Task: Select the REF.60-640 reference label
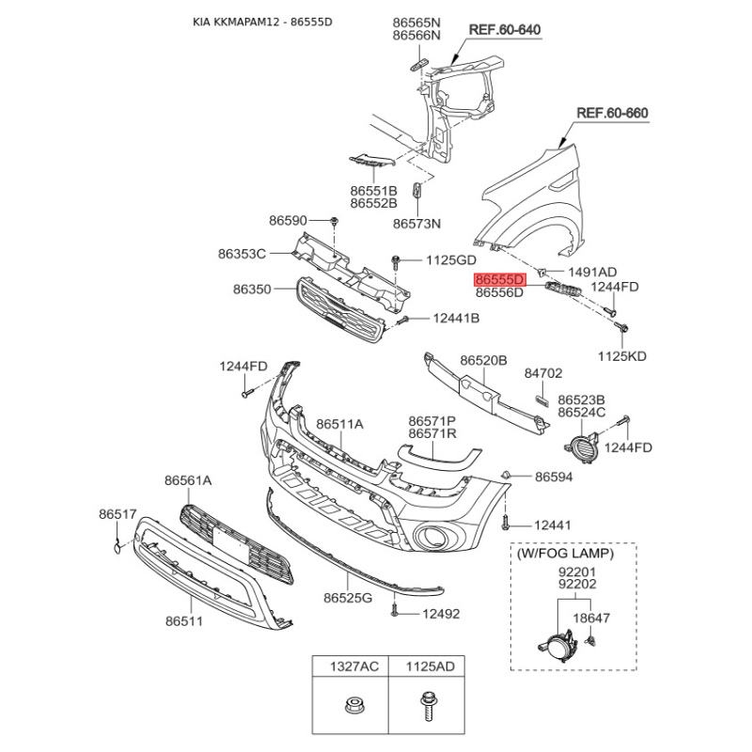click(x=505, y=30)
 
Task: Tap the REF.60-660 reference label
click(x=612, y=113)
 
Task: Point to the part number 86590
click(x=288, y=221)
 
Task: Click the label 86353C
click(x=242, y=253)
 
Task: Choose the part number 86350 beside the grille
click(x=252, y=290)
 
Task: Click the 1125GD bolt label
click(x=451, y=260)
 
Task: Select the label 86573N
click(x=416, y=224)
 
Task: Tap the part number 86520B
click(x=483, y=360)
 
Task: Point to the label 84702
click(x=543, y=373)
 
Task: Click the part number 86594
click(x=554, y=477)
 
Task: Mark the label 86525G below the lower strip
click(x=348, y=598)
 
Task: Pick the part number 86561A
click(x=188, y=480)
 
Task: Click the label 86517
click(x=118, y=514)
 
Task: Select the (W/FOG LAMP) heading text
click(x=566, y=554)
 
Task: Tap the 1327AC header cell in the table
click(x=351, y=666)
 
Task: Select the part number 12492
click(x=441, y=614)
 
